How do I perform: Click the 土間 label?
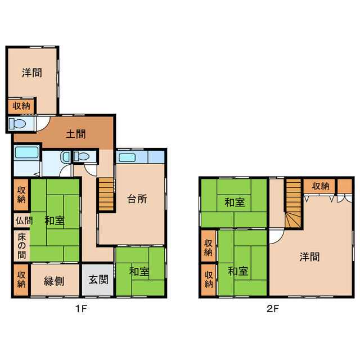point(76,134)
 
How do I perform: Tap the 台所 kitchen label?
point(137,199)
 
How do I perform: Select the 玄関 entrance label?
point(98,280)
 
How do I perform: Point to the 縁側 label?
point(54,281)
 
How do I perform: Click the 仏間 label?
point(24,220)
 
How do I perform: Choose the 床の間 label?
point(21,246)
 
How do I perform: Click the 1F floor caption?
point(81,309)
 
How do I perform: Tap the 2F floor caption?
point(273,309)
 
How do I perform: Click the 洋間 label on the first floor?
point(32,73)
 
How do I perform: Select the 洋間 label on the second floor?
point(309,256)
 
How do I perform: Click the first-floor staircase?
point(106,194)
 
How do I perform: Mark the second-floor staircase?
point(294,204)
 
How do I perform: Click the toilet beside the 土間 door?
point(17,124)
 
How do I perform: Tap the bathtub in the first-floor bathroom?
point(26,152)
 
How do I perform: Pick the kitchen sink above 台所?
point(127,157)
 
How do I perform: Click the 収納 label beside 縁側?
point(21,280)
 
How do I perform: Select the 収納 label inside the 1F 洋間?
point(21,106)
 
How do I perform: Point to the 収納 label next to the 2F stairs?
point(321,186)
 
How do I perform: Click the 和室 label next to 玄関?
point(139,272)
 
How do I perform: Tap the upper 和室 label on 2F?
point(235,202)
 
